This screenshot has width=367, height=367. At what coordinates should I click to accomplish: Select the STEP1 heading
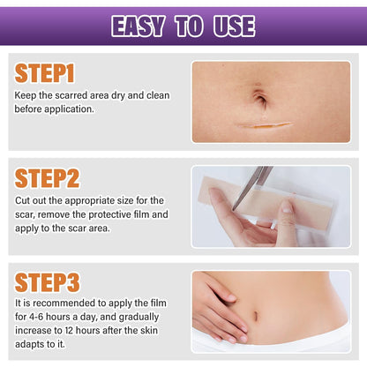pos(47,73)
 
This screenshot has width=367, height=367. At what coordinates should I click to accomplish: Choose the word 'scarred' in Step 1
pos(79,95)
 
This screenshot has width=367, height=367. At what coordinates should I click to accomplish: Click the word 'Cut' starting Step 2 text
pos(23,201)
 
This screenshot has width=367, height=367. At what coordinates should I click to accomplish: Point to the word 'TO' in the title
pos(187,26)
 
